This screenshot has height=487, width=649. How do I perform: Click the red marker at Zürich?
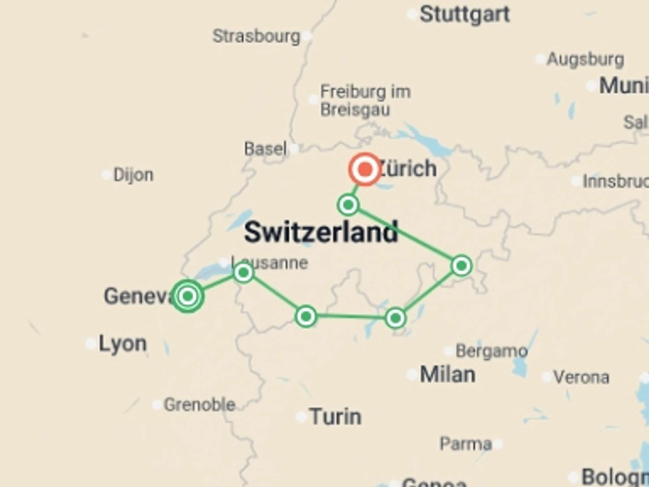coord(365,169)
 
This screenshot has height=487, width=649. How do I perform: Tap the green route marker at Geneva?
coord(188,296)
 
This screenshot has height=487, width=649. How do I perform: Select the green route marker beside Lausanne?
coord(243,273)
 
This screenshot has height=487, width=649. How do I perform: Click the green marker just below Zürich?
coord(348,205)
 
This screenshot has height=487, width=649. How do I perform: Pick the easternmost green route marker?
coord(461,266)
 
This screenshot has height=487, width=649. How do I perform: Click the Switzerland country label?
coord(321,232)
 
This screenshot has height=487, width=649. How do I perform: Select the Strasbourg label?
coord(256,36)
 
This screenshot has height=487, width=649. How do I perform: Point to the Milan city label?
coord(448,375)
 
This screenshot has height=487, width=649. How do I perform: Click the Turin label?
coord(335,417)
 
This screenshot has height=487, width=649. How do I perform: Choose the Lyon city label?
coord(123,344)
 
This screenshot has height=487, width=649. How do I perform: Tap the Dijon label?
coord(133,175)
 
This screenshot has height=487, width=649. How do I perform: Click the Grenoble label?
coord(199,404)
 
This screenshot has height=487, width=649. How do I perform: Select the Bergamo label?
coord(491,351)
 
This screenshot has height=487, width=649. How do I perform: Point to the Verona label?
coord(581,377)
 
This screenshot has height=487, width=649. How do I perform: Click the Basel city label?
coord(265,149)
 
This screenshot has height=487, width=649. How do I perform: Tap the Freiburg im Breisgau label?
coord(365,100)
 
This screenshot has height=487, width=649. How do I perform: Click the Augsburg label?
coord(585,60)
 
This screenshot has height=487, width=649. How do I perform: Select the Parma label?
coord(465,443)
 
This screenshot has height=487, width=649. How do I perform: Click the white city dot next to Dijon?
coord(106,175)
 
